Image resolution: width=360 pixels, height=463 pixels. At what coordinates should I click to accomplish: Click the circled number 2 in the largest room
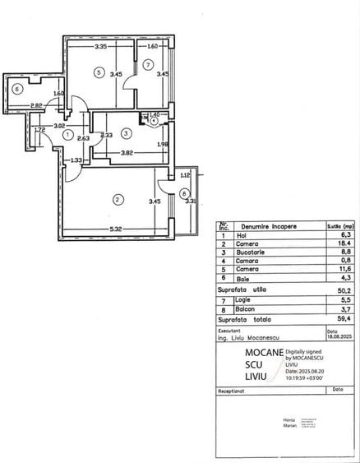pos(118,199)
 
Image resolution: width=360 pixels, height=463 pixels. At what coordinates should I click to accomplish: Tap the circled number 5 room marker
pos(98,73)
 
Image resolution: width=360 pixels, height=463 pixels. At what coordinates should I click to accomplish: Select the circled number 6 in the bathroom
pos(17,89)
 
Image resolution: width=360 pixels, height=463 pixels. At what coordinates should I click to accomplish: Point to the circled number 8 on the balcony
pos(183,195)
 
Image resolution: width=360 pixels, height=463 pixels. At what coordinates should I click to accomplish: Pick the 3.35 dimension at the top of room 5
pos(100,47)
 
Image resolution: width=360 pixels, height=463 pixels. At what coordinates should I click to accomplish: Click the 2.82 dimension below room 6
pos(36,106)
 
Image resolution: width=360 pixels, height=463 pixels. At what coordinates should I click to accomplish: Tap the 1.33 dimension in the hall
pos(76,160)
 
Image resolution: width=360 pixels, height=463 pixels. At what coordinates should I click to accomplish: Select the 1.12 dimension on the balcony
pos(184,174)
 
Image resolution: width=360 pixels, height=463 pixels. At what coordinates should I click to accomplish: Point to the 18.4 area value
pos(333,243)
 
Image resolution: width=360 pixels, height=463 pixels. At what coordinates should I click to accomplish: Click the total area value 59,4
pos(333,317)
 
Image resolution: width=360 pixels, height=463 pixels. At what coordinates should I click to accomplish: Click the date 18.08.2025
pos(337,336)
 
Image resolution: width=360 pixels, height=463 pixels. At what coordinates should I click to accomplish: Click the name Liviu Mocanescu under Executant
pos(252,336)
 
